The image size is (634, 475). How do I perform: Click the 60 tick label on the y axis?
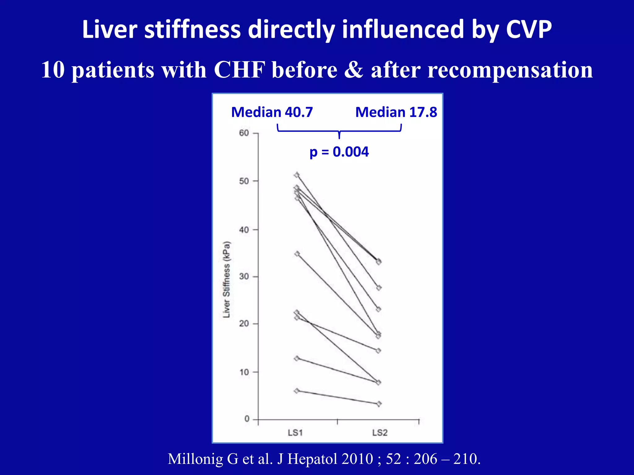point(244,133)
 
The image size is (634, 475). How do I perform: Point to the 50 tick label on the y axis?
point(244,181)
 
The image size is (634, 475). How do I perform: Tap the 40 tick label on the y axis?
point(244,230)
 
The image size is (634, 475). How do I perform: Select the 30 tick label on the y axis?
point(244,276)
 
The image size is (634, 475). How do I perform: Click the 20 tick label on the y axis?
point(244,324)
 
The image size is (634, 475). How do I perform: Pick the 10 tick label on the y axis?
point(244,372)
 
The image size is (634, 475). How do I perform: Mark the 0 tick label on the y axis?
point(247,419)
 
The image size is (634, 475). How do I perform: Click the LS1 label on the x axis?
point(295,433)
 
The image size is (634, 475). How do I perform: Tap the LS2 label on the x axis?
point(380,433)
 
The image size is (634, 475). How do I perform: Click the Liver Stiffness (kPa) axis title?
point(227,279)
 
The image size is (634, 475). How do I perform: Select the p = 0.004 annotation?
point(339,152)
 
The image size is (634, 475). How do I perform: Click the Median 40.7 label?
point(272,112)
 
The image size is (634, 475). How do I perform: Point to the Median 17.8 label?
point(396,112)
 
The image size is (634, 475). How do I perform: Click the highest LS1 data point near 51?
point(297,175)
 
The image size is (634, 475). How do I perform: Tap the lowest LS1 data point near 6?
point(297,391)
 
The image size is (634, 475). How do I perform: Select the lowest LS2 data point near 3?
point(379,404)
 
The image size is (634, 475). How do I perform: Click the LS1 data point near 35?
point(297,254)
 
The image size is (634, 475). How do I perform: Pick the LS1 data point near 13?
point(297,358)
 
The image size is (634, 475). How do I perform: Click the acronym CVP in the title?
point(529,29)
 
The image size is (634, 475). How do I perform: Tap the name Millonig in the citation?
point(195,459)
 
